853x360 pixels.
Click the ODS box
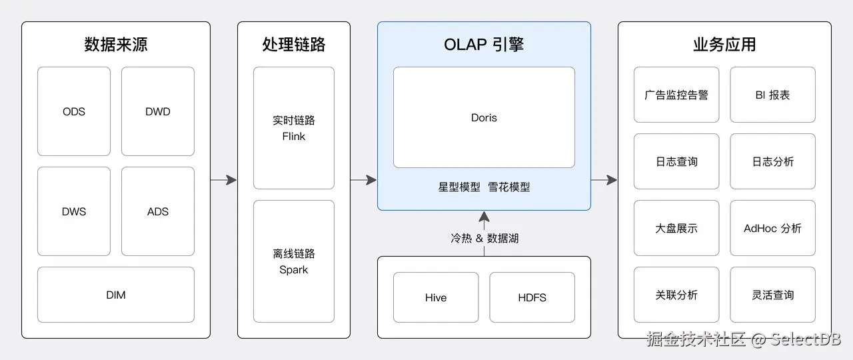74,111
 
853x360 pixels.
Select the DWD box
158,111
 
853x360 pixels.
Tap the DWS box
74,211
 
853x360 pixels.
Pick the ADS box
158,211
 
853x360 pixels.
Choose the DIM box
116,295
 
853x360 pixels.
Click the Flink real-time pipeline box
294,128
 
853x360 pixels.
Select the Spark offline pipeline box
294,261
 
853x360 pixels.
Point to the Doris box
484,117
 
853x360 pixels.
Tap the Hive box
436,297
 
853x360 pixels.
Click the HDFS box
532,297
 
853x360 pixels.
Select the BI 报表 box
772,95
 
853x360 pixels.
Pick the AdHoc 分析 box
772,228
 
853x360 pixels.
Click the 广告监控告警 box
676,95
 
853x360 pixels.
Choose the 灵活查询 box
772,295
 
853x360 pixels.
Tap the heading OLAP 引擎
484,45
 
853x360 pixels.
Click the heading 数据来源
116,45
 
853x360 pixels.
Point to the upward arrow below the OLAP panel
484,220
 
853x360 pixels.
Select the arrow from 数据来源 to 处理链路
224,179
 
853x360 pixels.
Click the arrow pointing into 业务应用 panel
604,179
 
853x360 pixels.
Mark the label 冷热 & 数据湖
484,238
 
